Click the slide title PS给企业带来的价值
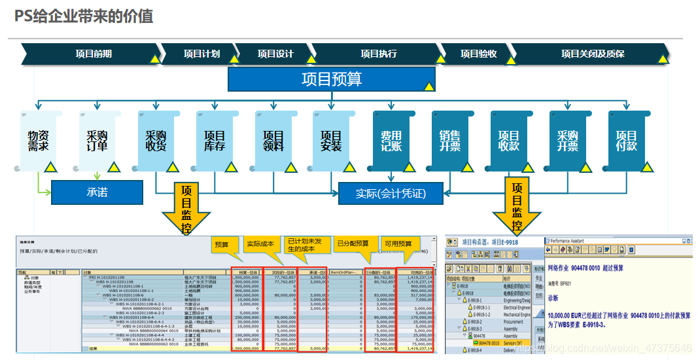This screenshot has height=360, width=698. click(84, 16)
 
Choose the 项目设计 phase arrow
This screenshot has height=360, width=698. click(275, 54)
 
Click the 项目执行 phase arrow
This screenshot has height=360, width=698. click(379, 54)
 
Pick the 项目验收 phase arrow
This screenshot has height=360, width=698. click(478, 54)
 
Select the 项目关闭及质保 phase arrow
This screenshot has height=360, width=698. click(592, 54)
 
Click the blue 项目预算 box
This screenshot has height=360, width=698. click(331, 79)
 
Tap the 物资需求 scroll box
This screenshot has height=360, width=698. click(39, 140)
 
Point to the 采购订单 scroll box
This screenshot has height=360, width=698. click(97, 140)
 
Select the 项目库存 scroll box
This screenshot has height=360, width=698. click(215, 140)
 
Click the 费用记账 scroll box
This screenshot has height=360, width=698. click(391, 140)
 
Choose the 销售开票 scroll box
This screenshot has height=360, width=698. click(450, 140)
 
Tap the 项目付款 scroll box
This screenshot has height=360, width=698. click(627, 140)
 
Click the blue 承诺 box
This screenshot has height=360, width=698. click(97, 192)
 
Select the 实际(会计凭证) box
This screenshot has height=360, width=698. click(391, 193)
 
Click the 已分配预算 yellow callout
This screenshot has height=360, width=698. click(353, 243)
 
